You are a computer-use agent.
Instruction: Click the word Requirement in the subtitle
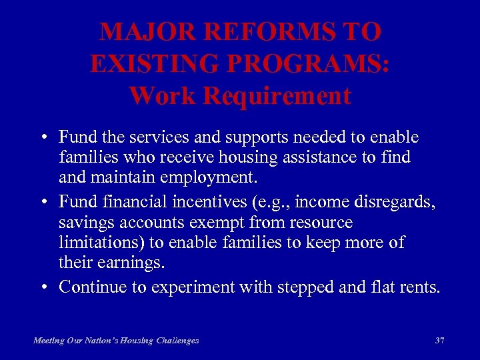pos(277,96)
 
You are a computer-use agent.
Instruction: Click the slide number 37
pos(439,340)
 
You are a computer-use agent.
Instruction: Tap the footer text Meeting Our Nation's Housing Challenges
pos(116,340)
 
